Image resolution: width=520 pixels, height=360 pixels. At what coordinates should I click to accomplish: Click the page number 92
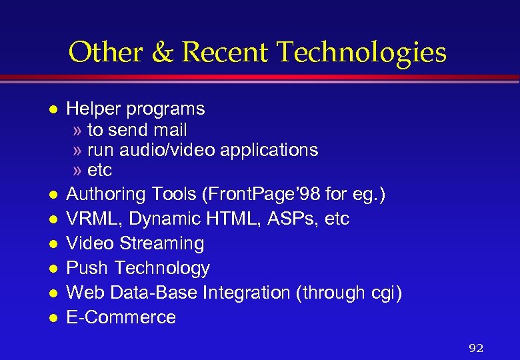point(476,347)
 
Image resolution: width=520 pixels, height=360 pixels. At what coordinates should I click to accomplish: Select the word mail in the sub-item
point(169,129)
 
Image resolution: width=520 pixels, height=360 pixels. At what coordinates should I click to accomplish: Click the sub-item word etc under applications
point(100,170)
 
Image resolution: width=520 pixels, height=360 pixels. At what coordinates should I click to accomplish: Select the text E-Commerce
point(121,317)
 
